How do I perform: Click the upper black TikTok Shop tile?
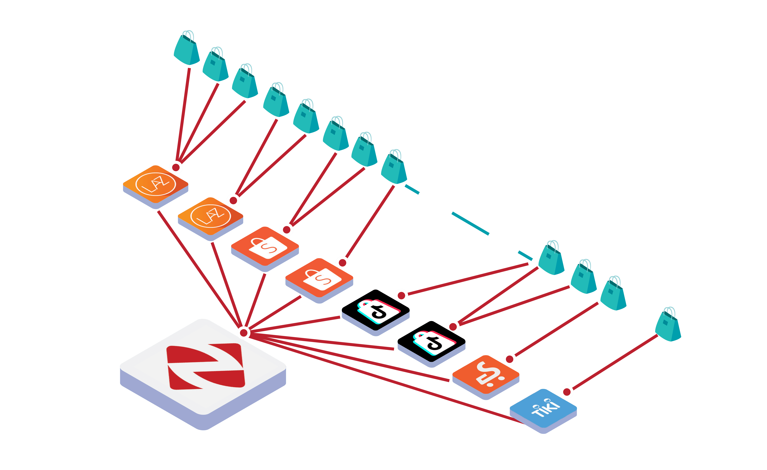click(375, 309)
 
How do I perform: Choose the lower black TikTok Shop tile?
click(431, 341)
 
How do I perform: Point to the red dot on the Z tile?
click(244, 333)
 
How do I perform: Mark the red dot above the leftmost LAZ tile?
click(176, 167)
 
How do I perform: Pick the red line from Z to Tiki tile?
click(389, 380)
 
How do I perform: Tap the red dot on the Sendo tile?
click(510, 359)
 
